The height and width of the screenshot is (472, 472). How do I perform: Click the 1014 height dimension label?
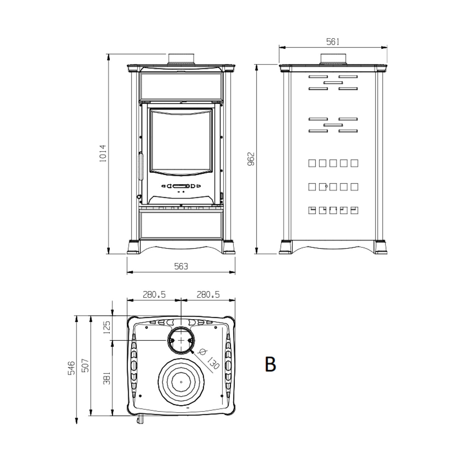tap(103, 153)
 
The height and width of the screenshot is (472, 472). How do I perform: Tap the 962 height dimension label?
tap(251, 159)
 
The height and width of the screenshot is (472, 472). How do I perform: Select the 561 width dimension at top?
tap(333, 42)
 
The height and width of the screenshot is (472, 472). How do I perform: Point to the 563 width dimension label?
tap(181, 266)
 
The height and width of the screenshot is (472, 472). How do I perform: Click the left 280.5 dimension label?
tap(154, 294)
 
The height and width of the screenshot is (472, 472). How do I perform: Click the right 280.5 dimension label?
tap(208, 294)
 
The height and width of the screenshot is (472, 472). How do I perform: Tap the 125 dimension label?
tap(107, 327)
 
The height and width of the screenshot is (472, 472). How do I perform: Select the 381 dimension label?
tap(107, 378)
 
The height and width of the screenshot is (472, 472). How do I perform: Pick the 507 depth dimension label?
tap(85, 365)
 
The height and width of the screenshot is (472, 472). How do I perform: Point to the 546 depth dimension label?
tap(71, 368)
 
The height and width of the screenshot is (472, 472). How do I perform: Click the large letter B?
tap(270, 364)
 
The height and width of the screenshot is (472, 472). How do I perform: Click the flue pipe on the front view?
tap(181, 59)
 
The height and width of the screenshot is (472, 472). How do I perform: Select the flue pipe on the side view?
tap(333, 59)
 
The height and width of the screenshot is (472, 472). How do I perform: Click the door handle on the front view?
tap(141, 166)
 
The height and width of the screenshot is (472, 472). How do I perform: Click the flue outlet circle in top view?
tap(181, 340)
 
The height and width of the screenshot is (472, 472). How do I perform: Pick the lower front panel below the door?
tap(181, 225)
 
